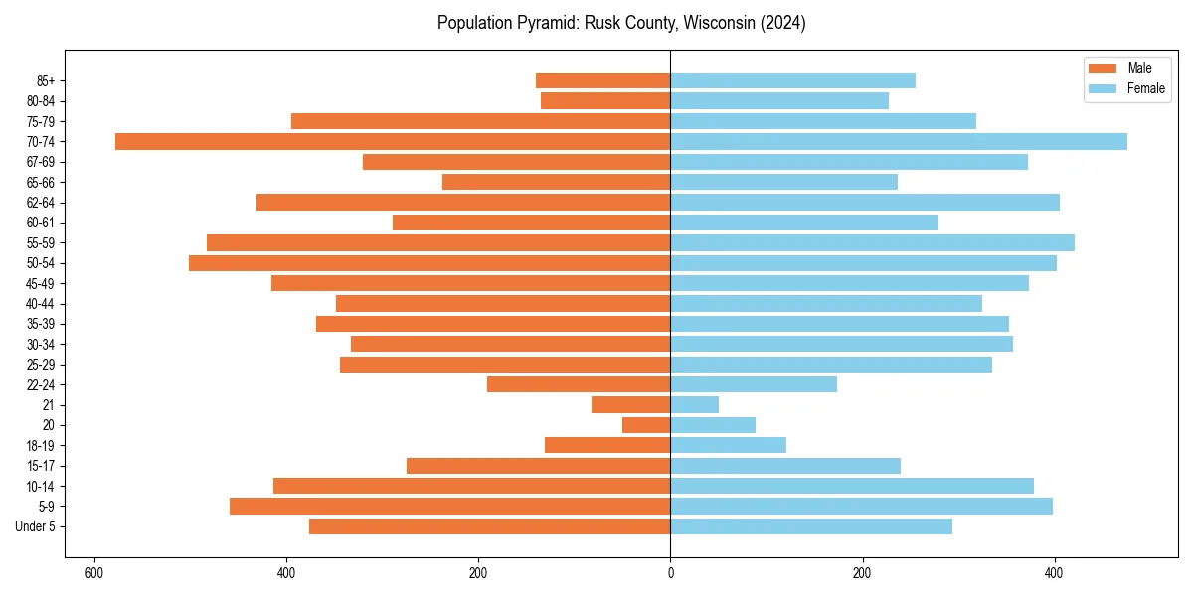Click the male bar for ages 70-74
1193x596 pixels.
point(393,141)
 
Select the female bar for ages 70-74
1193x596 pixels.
point(899,141)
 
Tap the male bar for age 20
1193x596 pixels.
point(646,425)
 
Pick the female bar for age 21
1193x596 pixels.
point(695,404)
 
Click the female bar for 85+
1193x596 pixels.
point(792,80)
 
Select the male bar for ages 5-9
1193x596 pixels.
point(449,506)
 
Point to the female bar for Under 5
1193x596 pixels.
point(811,526)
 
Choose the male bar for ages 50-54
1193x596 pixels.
point(429,263)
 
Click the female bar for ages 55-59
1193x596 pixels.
point(872,242)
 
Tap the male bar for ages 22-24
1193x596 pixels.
point(579,384)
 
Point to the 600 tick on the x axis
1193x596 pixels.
point(94,573)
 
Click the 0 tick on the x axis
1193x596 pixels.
point(670,573)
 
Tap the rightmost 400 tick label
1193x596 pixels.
point(1054,573)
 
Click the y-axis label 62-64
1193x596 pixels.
point(41,203)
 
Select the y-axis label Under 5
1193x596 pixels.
point(36,526)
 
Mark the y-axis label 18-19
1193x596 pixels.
point(41,445)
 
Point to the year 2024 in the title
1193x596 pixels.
point(781,23)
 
